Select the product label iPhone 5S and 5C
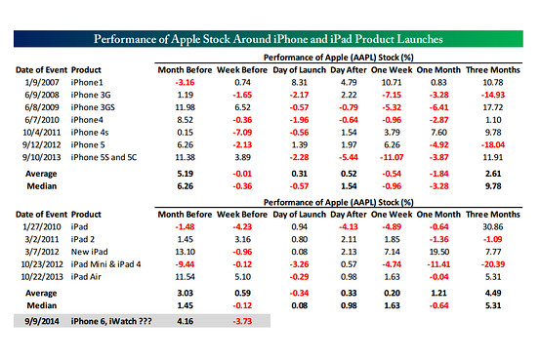tap(104, 158)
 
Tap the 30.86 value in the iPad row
tap(493, 227)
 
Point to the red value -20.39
tap(493, 264)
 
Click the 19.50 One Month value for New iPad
tap(438, 252)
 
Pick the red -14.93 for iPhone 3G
tap(493, 95)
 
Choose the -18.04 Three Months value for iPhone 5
tap(493, 145)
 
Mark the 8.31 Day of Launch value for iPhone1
tap(299, 83)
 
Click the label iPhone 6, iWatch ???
tap(111, 321)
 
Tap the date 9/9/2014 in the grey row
tap(42, 321)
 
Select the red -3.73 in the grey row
tap(242, 321)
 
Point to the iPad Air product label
tap(86, 277)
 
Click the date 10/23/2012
tap(42, 264)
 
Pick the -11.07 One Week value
tap(392, 158)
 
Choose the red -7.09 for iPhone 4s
tap(242, 133)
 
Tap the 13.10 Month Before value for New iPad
tap(185, 252)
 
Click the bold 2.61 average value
tap(493, 174)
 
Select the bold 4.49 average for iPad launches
tap(493, 294)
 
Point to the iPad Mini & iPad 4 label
tap(105, 264)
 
